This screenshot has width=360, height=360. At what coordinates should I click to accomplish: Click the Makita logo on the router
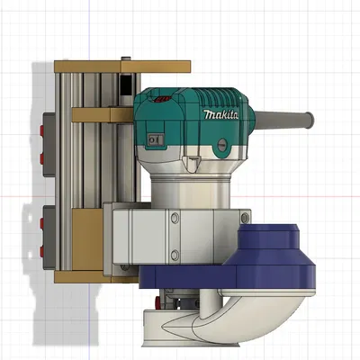220,115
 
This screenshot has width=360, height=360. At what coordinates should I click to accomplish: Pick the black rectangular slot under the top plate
124,85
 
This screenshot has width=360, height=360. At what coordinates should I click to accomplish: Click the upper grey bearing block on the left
50,139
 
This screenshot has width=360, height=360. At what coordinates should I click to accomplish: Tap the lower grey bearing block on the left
50,229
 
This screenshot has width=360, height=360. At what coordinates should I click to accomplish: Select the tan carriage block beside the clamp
90,238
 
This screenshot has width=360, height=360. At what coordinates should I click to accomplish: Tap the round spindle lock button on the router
193,163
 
